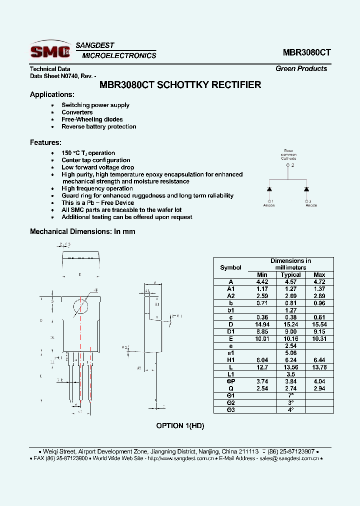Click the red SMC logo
pyautogui.click(x=49, y=50)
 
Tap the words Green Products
pyautogui.click(x=301, y=68)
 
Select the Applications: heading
pyautogui.click(x=52, y=94)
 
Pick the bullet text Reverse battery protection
pyautogui.click(x=98, y=126)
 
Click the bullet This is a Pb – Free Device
pyautogui.click(x=97, y=203)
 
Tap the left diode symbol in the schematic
pyautogui.click(x=269, y=189)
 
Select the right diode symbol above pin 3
pyautogui.click(x=306, y=189)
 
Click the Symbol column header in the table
pyautogui.click(x=230, y=267)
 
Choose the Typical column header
pyautogui.click(x=290, y=274)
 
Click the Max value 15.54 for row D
pyautogui.click(x=319, y=324)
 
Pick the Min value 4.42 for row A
pyautogui.click(x=262, y=281)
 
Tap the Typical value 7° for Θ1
pyautogui.click(x=290, y=395)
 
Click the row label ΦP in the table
pyautogui.click(x=230, y=381)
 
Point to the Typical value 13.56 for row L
pyautogui.click(x=290, y=367)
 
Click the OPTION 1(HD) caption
pyautogui.click(x=180, y=425)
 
